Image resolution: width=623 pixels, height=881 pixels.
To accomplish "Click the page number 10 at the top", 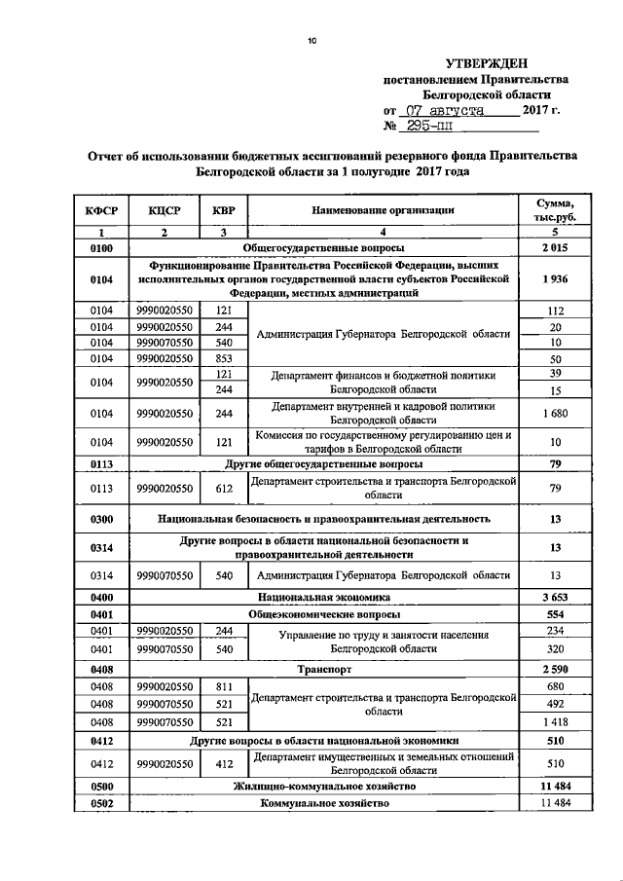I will pos(311,40).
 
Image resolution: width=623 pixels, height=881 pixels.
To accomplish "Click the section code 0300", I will pos(101,519).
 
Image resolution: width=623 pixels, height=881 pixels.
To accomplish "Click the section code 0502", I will pos(101,803).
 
